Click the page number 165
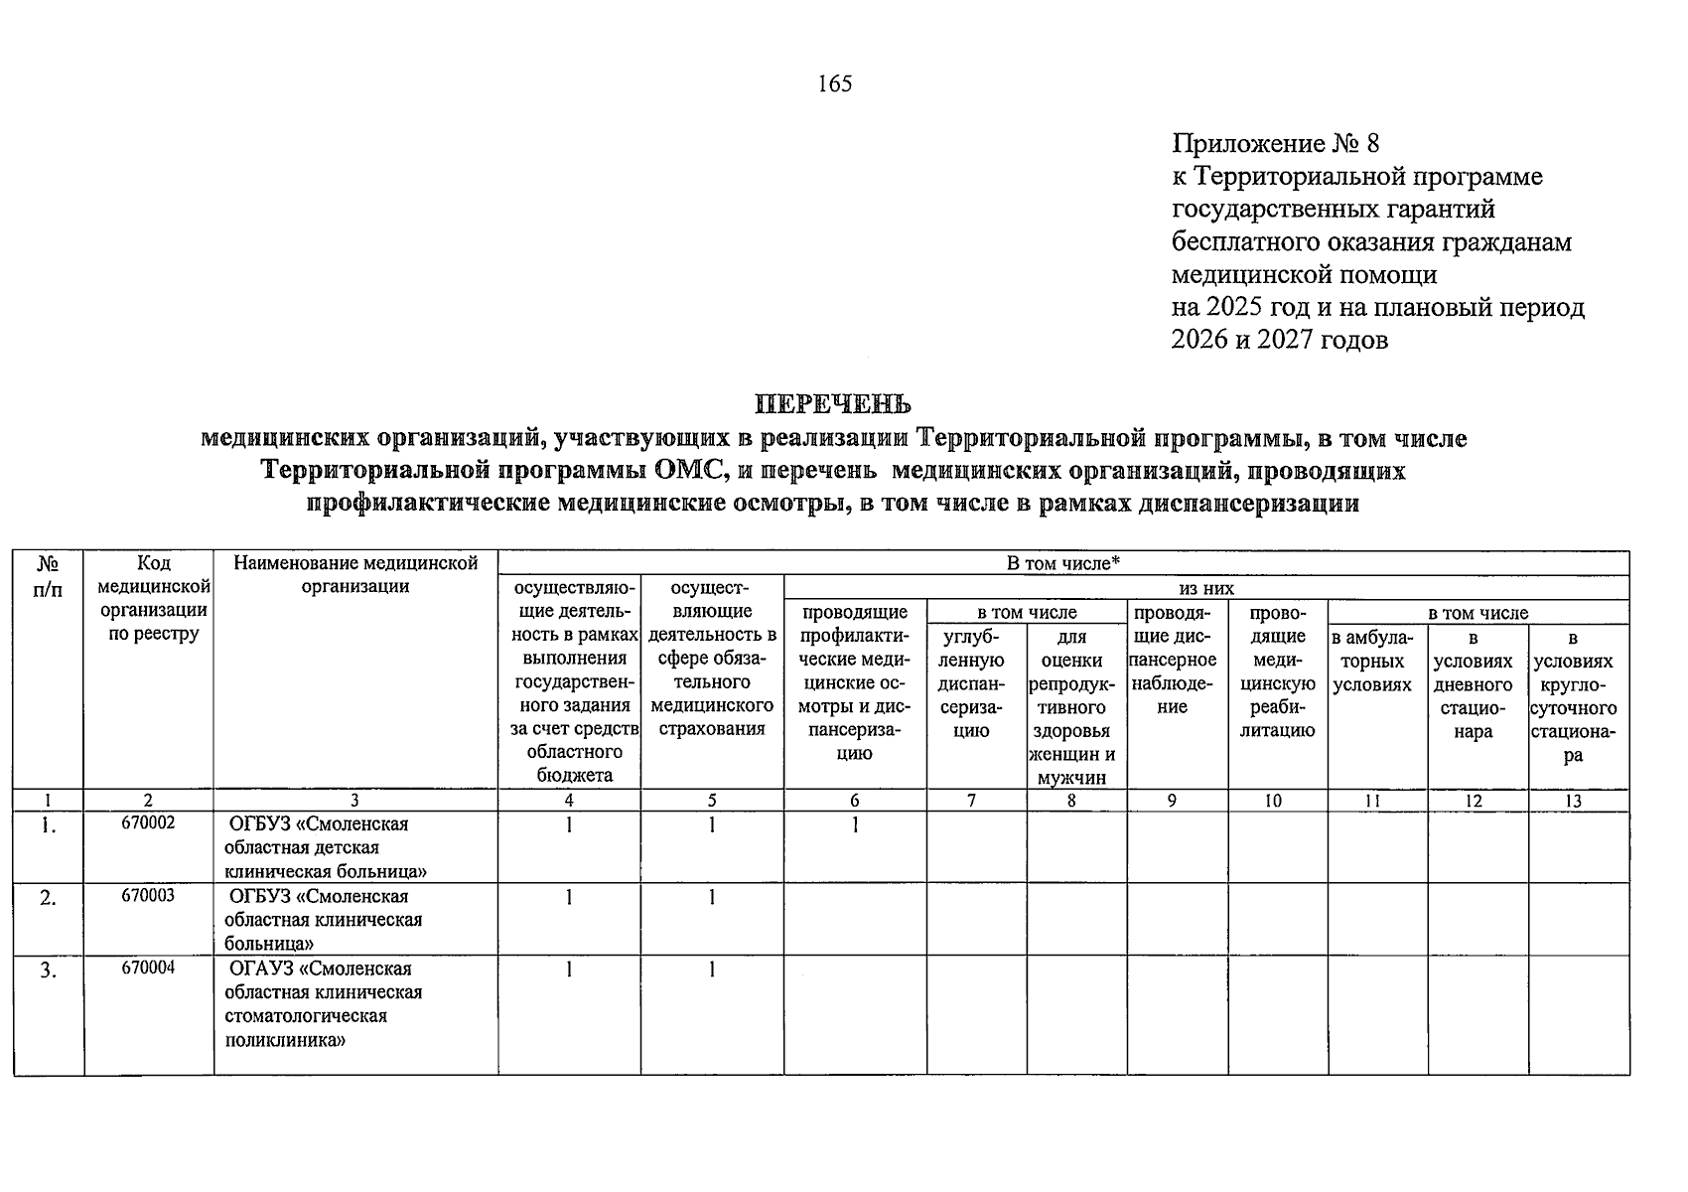pyautogui.click(x=834, y=84)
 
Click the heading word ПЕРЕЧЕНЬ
pyautogui.click(x=833, y=405)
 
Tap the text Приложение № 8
pyautogui.click(x=1275, y=144)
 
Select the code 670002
pyautogui.click(x=148, y=823)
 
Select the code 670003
pyautogui.click(x=148, y=896)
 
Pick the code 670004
pyautogui.click(x=148, y=968)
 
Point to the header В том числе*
pyautogui.click(x=1062, y=563)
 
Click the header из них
pyautogui.click(x=1205, y=588)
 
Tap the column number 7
pyautogui.click(x=971, y=801)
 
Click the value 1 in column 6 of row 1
pyautogui.click(x=854, y=824)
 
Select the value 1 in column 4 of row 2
pyautogui.click(x=569, y=897)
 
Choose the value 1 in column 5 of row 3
pyautogui.click(x=712, y=969)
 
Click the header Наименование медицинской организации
pyautogui.click(x=355, y=574)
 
